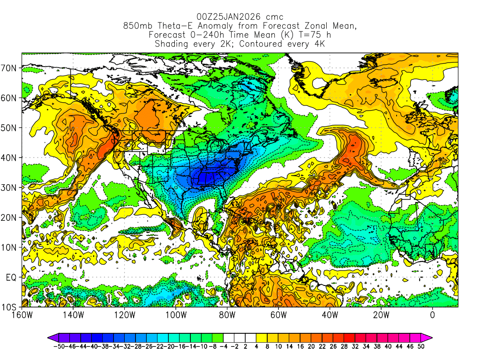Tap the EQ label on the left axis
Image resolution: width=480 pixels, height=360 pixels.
coord(11,277)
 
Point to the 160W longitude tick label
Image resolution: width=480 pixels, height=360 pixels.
coord(22,315)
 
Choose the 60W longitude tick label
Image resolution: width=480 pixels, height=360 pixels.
coord(278,315)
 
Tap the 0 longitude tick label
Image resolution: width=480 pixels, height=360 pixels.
coord(433,315)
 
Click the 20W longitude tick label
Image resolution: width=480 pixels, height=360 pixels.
coord(381,315)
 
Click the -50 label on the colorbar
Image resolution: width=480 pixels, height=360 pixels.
coord(58,346)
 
